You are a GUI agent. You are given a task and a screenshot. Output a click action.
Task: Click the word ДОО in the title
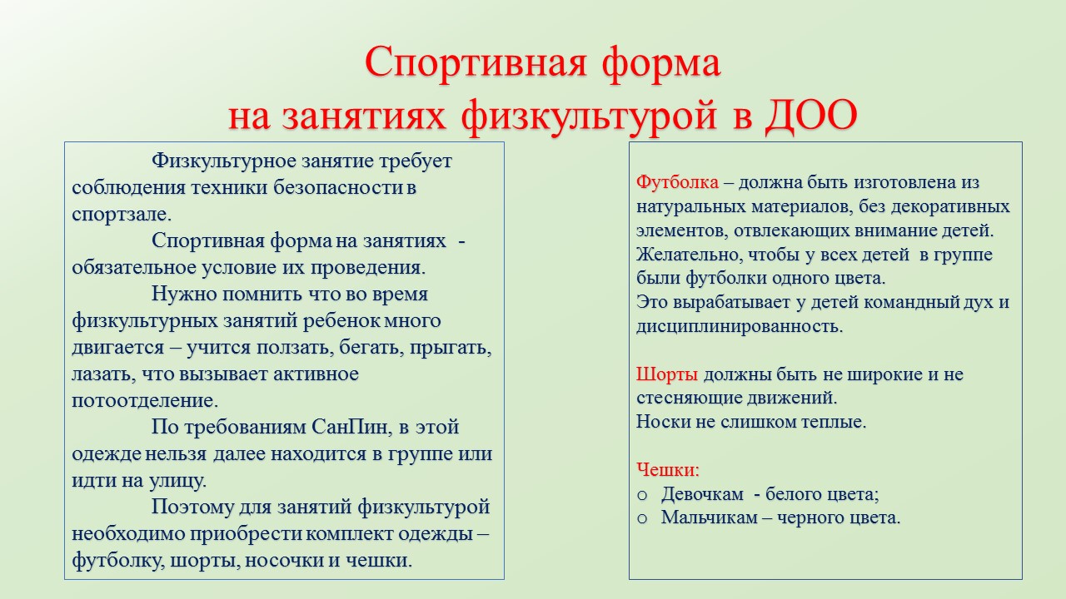[811, 116]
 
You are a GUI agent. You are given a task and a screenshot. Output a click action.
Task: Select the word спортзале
[122, 215]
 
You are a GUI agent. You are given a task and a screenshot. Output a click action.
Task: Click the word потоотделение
[145, 400]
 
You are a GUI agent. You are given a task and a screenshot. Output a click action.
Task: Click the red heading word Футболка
[677, 182]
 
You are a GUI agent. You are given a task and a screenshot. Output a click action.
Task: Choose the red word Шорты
[667, 374]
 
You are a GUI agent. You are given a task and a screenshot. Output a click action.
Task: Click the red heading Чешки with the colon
[668, 470]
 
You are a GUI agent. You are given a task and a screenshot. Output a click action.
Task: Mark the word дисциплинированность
[739, 327]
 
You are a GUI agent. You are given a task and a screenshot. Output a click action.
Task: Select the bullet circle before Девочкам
[642, 496]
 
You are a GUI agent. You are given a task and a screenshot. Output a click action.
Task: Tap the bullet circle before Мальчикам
[642, 519]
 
